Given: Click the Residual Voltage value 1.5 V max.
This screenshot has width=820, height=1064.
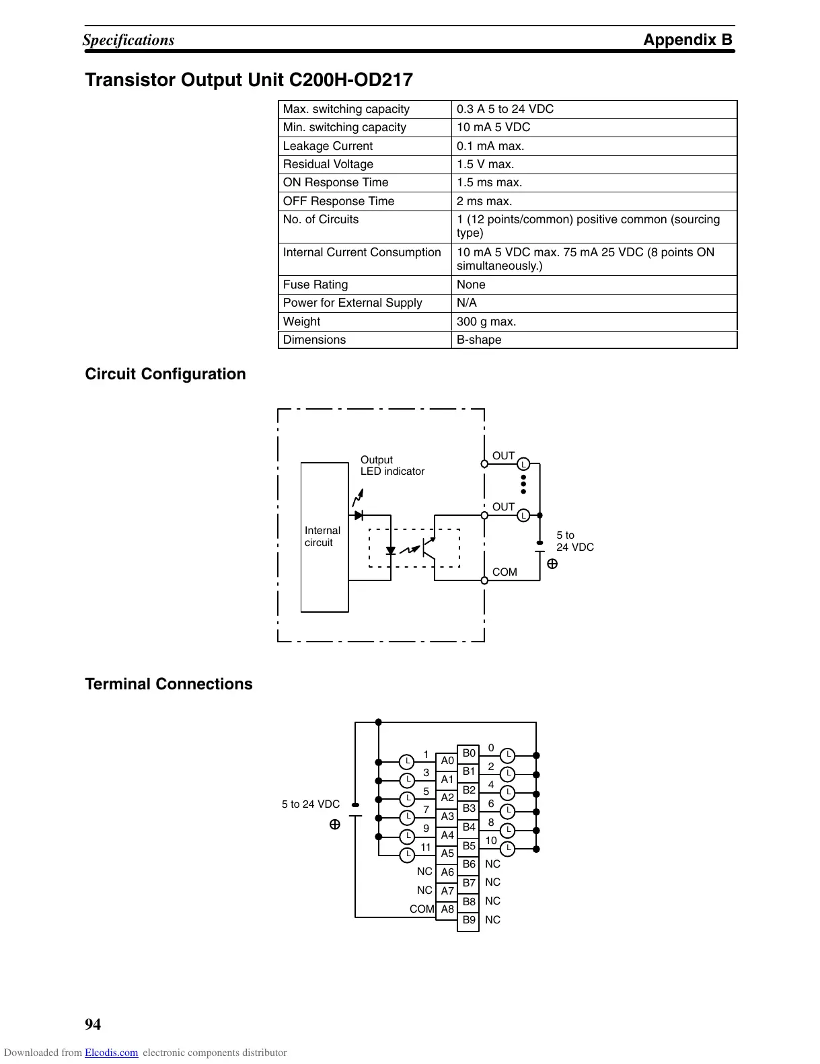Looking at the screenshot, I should [485, 164].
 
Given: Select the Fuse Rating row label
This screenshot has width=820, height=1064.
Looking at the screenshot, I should [315, 284].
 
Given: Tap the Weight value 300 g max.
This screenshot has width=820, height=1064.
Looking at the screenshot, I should [486, 321].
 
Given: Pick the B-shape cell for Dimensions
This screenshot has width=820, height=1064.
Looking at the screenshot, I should [479, 340].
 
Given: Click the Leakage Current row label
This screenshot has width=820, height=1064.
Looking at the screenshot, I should [328, 146].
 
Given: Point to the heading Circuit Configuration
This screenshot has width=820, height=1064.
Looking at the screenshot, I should [165, 374].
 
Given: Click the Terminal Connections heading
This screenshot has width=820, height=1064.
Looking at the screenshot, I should [169, 684].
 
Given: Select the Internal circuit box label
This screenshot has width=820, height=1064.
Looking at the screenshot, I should [322, 537].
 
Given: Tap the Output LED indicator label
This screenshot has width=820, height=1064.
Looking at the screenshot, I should [392, 465].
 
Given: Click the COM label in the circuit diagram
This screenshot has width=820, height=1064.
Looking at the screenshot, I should [505, 572].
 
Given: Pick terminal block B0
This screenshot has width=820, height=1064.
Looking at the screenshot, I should [469, 753].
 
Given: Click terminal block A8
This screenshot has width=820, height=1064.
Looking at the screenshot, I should [447, 909].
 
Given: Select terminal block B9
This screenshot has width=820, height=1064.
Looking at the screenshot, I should [469, 920].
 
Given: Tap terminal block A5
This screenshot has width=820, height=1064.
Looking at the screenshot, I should [447, 853].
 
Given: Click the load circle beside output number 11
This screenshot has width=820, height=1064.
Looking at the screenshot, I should [407, 855].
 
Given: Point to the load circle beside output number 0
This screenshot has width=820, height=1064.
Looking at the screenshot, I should [509, 755].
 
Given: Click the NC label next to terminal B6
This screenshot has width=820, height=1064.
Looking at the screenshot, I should [492, 864].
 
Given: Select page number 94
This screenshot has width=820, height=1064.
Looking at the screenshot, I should [93, 1024].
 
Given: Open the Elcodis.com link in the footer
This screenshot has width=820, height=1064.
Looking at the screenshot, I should [112, 1053].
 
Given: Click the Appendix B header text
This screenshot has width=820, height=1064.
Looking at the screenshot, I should [687, 40].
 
